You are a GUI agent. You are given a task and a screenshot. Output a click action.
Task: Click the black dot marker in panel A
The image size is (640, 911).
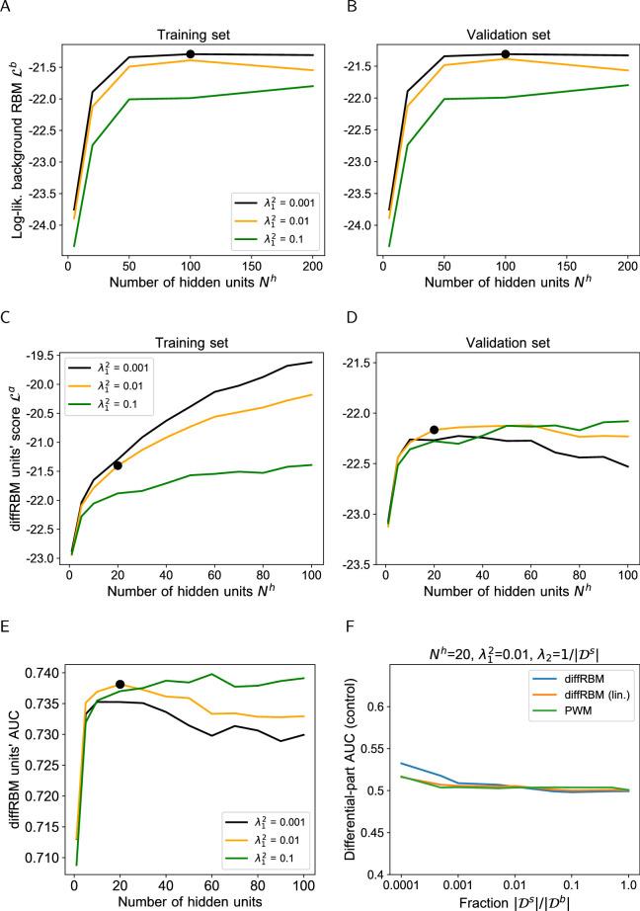190,53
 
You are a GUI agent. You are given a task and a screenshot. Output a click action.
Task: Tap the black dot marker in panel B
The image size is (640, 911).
505,53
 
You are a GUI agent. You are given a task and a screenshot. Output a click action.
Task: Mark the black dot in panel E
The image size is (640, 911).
120,684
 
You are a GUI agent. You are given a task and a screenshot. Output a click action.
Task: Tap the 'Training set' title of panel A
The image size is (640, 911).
190,22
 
